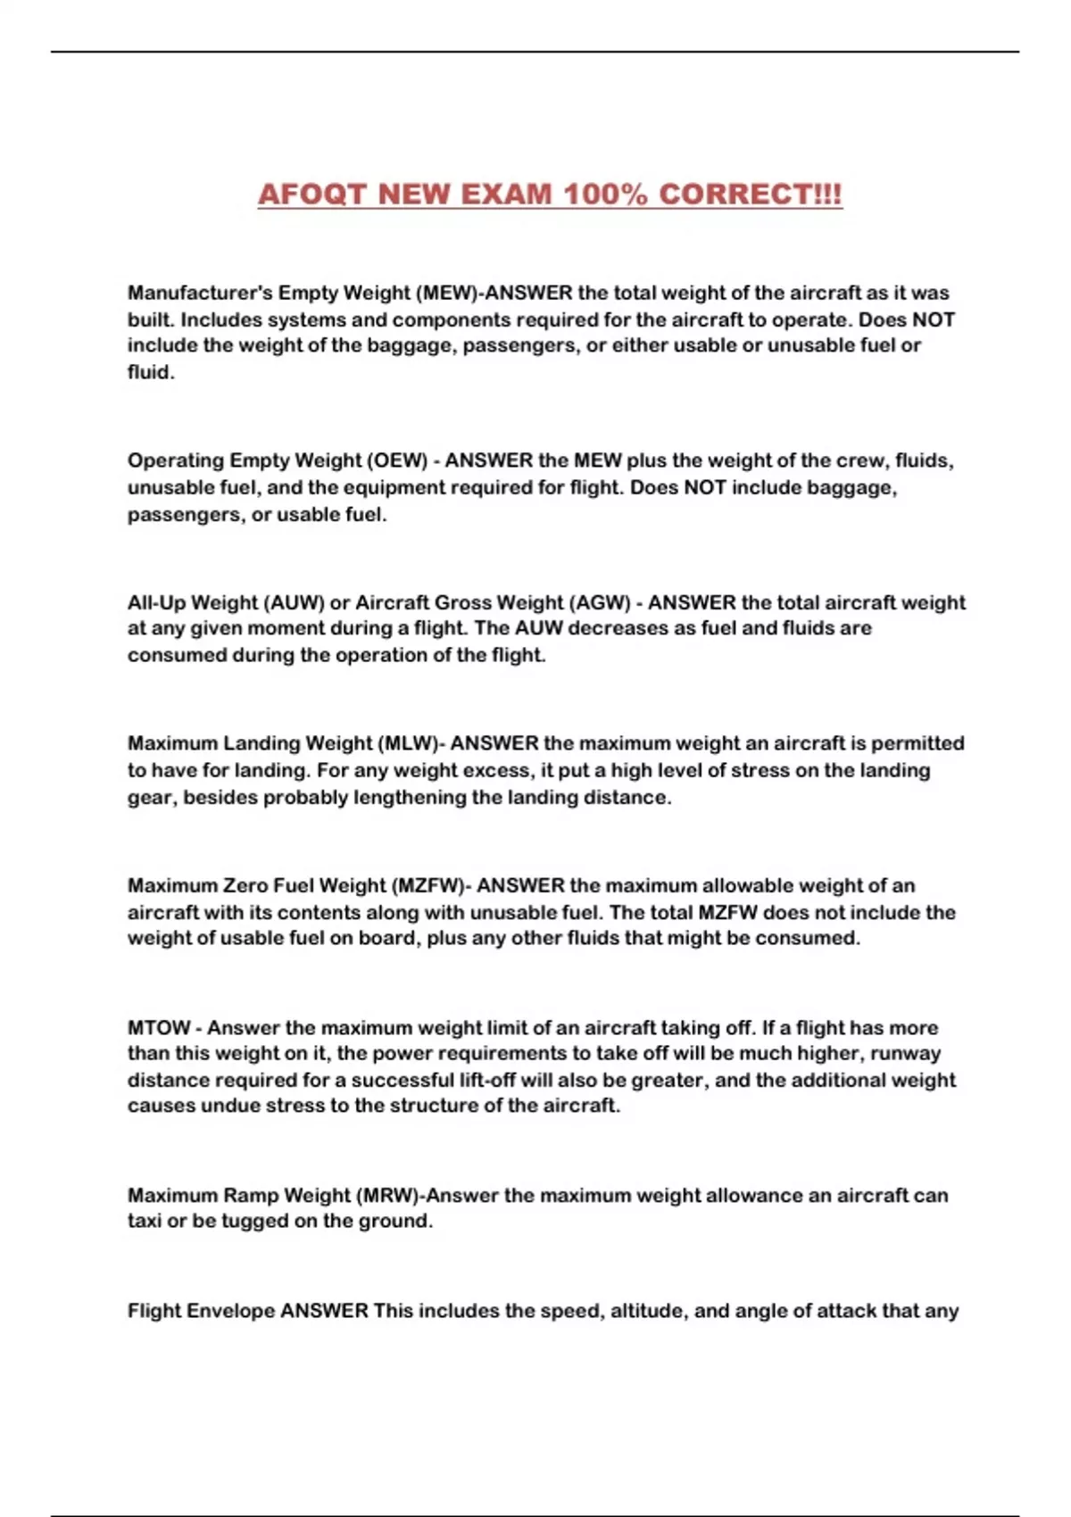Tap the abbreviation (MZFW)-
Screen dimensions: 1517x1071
pos(431,885)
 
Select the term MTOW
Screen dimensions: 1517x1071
pos(159,1027)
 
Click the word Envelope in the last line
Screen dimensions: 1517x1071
pos(233,1311)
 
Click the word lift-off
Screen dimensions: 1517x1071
pos(485,1080)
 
